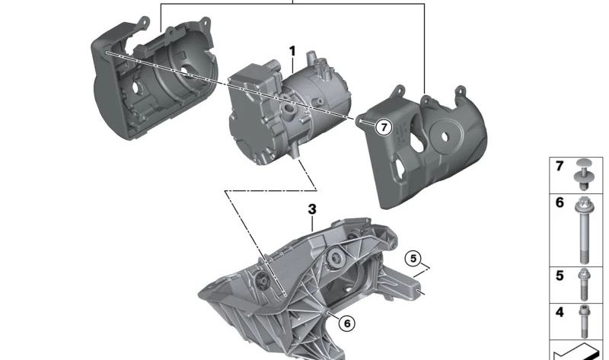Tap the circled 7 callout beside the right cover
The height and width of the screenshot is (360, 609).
point(383,128)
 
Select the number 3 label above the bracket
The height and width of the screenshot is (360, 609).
point(311,209)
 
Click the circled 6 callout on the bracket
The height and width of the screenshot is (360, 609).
point(346,323)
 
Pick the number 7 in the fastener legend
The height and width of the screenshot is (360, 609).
point(560,166)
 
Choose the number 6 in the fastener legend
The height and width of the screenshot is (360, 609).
point(560,203)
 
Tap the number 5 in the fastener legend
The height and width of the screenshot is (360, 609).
point(560,276)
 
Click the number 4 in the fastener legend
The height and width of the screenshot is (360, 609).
point(560,312)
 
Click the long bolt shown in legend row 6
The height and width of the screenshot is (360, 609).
point(585,228)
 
